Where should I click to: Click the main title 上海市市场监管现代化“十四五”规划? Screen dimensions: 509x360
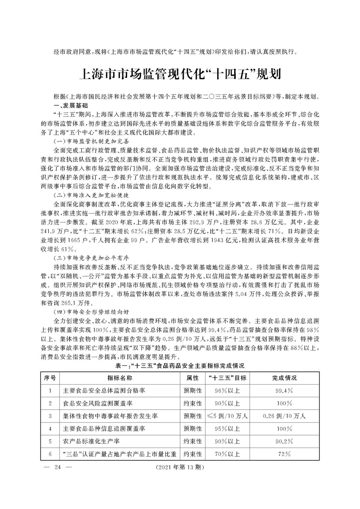tap(179, 73)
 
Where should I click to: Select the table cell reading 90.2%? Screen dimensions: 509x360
tap(283, 442)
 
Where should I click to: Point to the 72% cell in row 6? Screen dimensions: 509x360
tap(283, 454)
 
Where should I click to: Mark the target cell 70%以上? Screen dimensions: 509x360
tap(227, 454)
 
